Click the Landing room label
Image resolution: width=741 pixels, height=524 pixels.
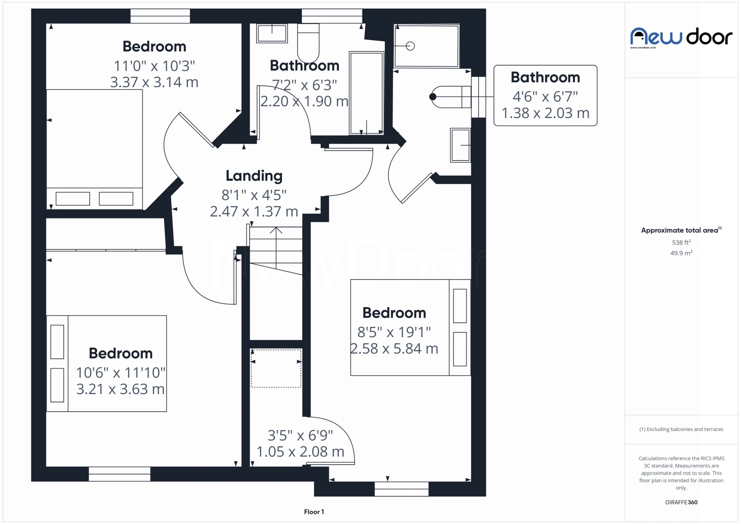click(254, 176)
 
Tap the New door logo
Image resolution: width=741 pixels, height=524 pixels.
click(681, 37)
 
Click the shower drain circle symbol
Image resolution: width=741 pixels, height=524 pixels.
click(410, 46)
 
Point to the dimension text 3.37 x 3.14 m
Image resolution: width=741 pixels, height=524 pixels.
click(154, 82)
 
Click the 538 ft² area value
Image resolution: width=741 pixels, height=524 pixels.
click(681, 242)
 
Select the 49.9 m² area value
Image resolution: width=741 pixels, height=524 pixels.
click(681, 253)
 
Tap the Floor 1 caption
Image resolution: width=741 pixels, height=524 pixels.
click(314, 512)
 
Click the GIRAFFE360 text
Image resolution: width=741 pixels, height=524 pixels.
click(681, 502)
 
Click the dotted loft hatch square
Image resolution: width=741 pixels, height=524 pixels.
click(276, 368)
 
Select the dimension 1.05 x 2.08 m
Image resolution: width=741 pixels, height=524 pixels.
click(300, 452)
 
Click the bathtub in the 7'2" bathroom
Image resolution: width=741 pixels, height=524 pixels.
click(366, 93)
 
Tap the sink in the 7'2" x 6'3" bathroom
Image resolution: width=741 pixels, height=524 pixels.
click(272, 33)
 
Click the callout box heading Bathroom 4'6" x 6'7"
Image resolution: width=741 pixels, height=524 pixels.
click(545, 78)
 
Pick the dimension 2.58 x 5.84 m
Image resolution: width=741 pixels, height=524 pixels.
click(394, 349)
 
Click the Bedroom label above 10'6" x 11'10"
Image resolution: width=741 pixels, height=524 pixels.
click(120, 353)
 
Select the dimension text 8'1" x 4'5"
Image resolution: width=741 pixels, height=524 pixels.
click(254, 195)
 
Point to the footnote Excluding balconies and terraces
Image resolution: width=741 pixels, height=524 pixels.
click(681, 429)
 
